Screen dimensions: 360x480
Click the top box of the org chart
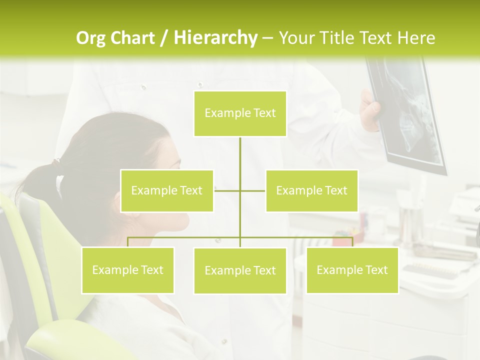tap(240, 113)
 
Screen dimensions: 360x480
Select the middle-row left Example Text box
tap(167, 190)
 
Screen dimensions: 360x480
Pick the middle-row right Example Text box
tap(311, 190)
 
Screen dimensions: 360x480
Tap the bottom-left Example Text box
tap(127, 270)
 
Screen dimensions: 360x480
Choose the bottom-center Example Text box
tap(240, 270)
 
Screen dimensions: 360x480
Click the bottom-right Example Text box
tap(352, 270)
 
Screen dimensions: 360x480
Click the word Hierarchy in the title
tap(215, 38)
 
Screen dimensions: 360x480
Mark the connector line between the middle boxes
tap(240, 190)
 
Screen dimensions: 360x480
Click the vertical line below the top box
tap(240, 152)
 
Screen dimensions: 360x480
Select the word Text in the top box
tap(264, 113)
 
